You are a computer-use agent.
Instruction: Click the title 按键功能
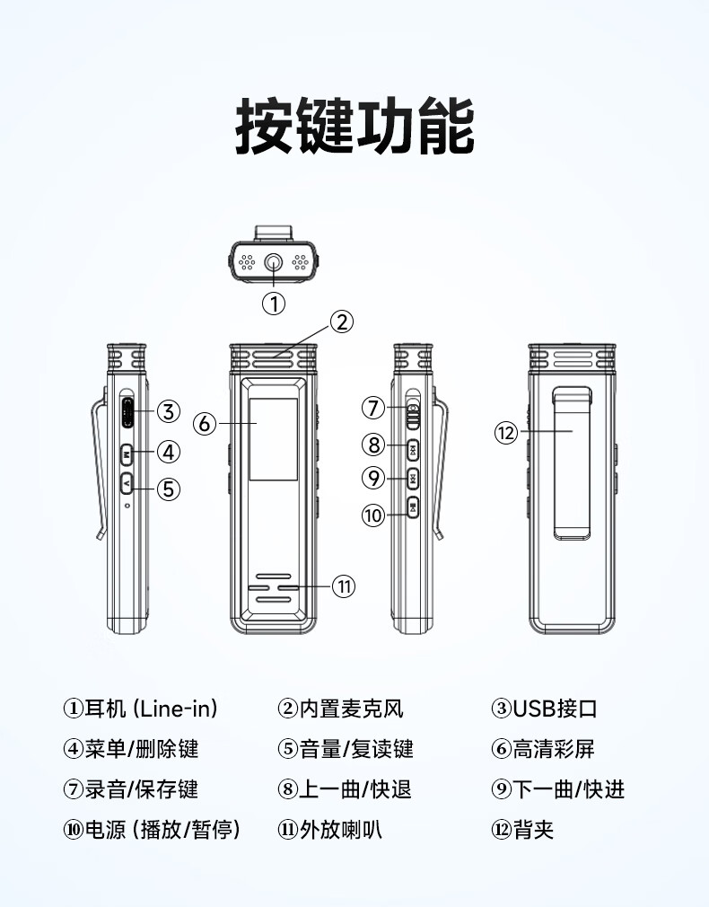click(x=354, y=126)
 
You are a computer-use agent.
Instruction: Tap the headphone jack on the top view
click(x=274, y=263)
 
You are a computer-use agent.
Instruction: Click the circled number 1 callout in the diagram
click(x=274, y=304)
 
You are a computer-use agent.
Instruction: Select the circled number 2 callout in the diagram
click(x=342, y=321)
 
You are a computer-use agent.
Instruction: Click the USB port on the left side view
click(x=127, y=412)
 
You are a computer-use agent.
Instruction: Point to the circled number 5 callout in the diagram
click(x=169, y=489)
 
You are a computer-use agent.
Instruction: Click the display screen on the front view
click(x=274, y=439)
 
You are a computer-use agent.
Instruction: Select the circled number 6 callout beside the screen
click(x=205, y=424)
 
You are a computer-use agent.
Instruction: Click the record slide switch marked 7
click(x=412, y=413)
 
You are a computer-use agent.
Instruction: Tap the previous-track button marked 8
click(x=412, y=448)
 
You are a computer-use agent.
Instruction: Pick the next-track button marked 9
click(x=412, y=478)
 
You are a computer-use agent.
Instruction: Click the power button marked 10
click(x=412, y=507)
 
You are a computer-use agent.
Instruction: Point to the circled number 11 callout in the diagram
click(x=344, y=586)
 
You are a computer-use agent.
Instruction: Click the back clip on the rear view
click(x=573, y=463)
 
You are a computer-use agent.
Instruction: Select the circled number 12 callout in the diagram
click(x=506, y=432)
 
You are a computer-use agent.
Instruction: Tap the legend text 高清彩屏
click(x=554, y=749)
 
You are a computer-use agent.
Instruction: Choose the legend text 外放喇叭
click(x=341, y=830)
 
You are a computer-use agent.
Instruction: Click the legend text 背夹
click(x=533, y=830)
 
